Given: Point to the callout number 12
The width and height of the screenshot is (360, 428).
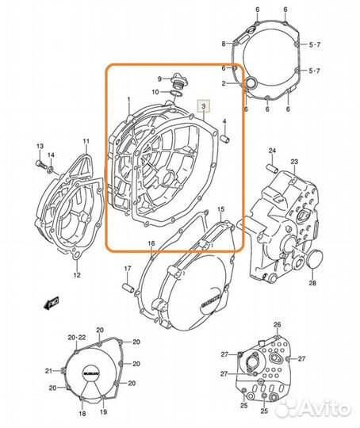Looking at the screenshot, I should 77,275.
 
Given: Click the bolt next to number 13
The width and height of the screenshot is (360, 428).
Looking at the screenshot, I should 40,165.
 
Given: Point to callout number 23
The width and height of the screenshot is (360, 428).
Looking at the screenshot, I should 293,162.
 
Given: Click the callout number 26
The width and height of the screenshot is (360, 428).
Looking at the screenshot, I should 278,325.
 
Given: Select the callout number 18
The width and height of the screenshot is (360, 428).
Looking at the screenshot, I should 82,414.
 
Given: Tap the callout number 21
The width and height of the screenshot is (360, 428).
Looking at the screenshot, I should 48,370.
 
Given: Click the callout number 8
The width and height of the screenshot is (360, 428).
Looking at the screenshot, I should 224,43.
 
